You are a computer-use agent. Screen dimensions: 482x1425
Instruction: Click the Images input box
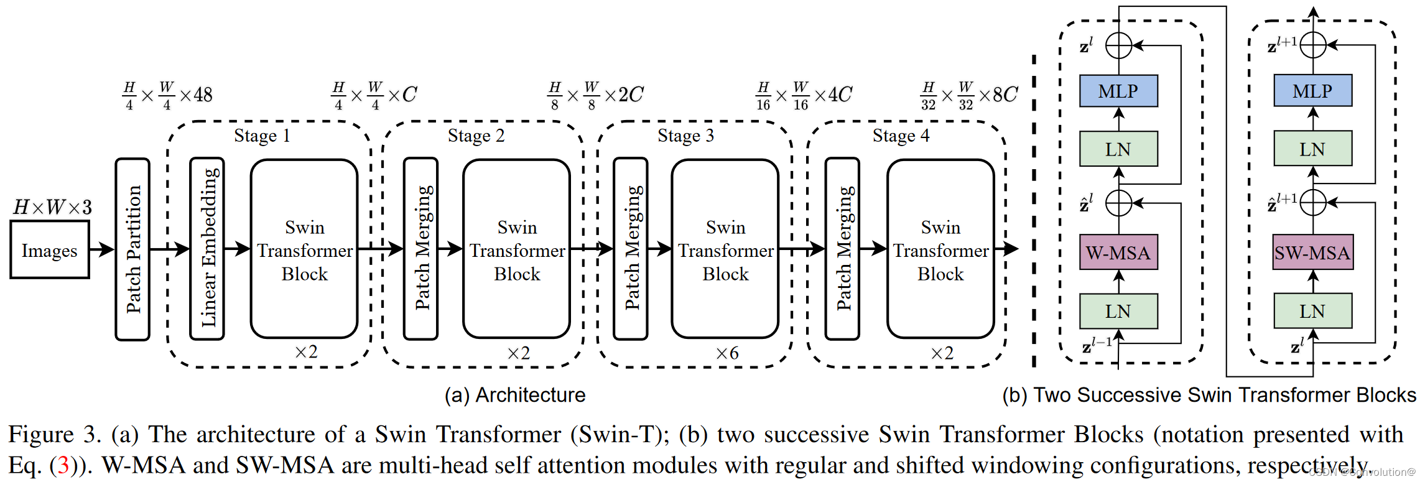click(x=50, y=250)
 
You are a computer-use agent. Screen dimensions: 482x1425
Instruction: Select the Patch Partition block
click(x=132, y=249)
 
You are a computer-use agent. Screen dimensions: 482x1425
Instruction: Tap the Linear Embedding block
click(x=207, y=249)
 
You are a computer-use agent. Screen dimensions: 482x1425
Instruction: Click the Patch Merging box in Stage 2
click(x=421, y=249)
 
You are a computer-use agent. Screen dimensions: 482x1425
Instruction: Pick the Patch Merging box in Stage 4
click(x=843, y=249)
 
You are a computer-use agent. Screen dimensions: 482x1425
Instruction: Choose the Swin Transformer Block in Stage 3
click(x=725, y=249)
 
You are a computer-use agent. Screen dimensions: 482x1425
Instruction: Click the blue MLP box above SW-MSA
click(x=1312, y=91)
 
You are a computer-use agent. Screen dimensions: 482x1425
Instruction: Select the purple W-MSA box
click(x=1118, y=253)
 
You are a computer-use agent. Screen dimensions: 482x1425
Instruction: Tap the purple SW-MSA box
click(x=1312, y=253)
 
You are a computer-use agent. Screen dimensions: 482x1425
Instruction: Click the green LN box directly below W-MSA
click(x=1118, y=311)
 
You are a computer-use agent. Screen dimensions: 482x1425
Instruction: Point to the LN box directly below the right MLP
click(x=1312, y=149)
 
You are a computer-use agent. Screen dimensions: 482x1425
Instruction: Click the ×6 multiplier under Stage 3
click(x=727, y=353)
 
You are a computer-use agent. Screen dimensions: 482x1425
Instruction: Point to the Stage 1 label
click(x=262, y=136)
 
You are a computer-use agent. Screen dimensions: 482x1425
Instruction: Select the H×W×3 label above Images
click(x=52, y=207)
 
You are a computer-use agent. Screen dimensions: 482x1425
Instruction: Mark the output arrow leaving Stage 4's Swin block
click(x=1006, y=249)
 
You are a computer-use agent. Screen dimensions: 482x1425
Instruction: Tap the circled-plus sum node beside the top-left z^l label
click(x=1118, y=45)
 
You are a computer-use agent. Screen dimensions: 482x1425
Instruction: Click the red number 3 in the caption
click(x=63, y=465)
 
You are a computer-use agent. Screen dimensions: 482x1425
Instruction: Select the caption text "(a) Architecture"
click(x=515, y=395)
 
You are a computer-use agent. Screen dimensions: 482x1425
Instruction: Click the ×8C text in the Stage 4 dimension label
click(x=998, y=95)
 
